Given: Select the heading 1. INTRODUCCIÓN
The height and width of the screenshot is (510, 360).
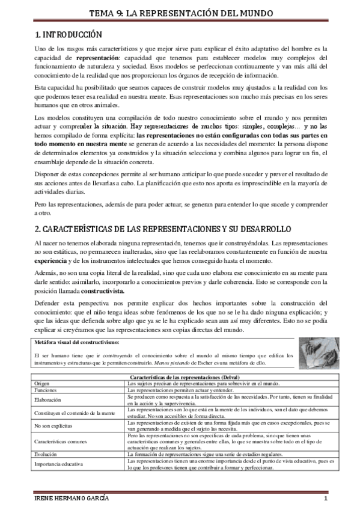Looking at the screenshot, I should pos(69,35).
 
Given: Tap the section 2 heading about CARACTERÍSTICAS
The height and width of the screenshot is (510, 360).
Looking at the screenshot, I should pos(162,229).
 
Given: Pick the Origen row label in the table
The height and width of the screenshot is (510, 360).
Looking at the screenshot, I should pos(43,382).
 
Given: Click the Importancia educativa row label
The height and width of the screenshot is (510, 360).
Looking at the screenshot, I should pos(59,464).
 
